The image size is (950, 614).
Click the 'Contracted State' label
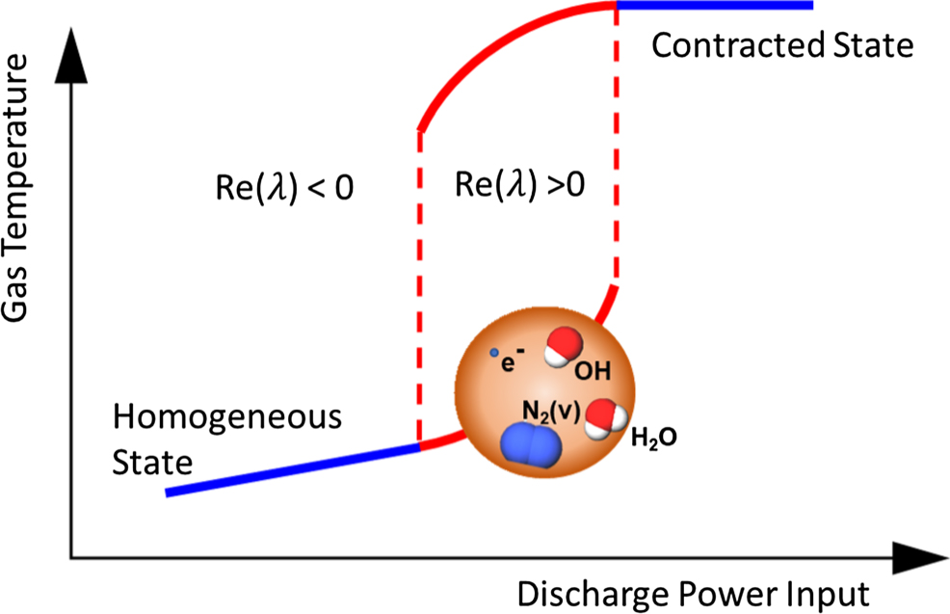click(x=781, y=44)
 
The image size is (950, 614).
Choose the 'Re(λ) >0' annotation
click(x=519, y=186)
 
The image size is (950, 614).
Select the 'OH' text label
click(x=590, y=370)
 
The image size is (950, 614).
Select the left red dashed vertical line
click(x=419, y=289)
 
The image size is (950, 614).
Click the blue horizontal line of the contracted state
click(x=714, y=6)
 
